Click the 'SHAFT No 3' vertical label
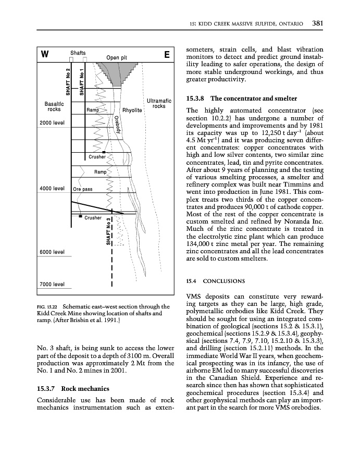[108, 230]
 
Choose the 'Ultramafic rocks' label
[156, 103]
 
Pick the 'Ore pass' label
[83, 189]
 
